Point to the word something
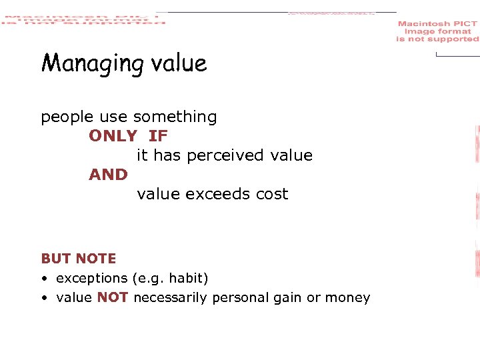click(x=175, y=118)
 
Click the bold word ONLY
click(x=113, y=136)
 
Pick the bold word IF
click(x=158, y=136)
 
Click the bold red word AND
click(x=108, y=175)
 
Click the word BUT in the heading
click(x=56, y=259)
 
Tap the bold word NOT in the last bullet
click(x=112, y=298)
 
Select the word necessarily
click(x=170, y=298)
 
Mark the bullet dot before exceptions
click(x=43, y=279)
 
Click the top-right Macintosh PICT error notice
click(x=437, y=31)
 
